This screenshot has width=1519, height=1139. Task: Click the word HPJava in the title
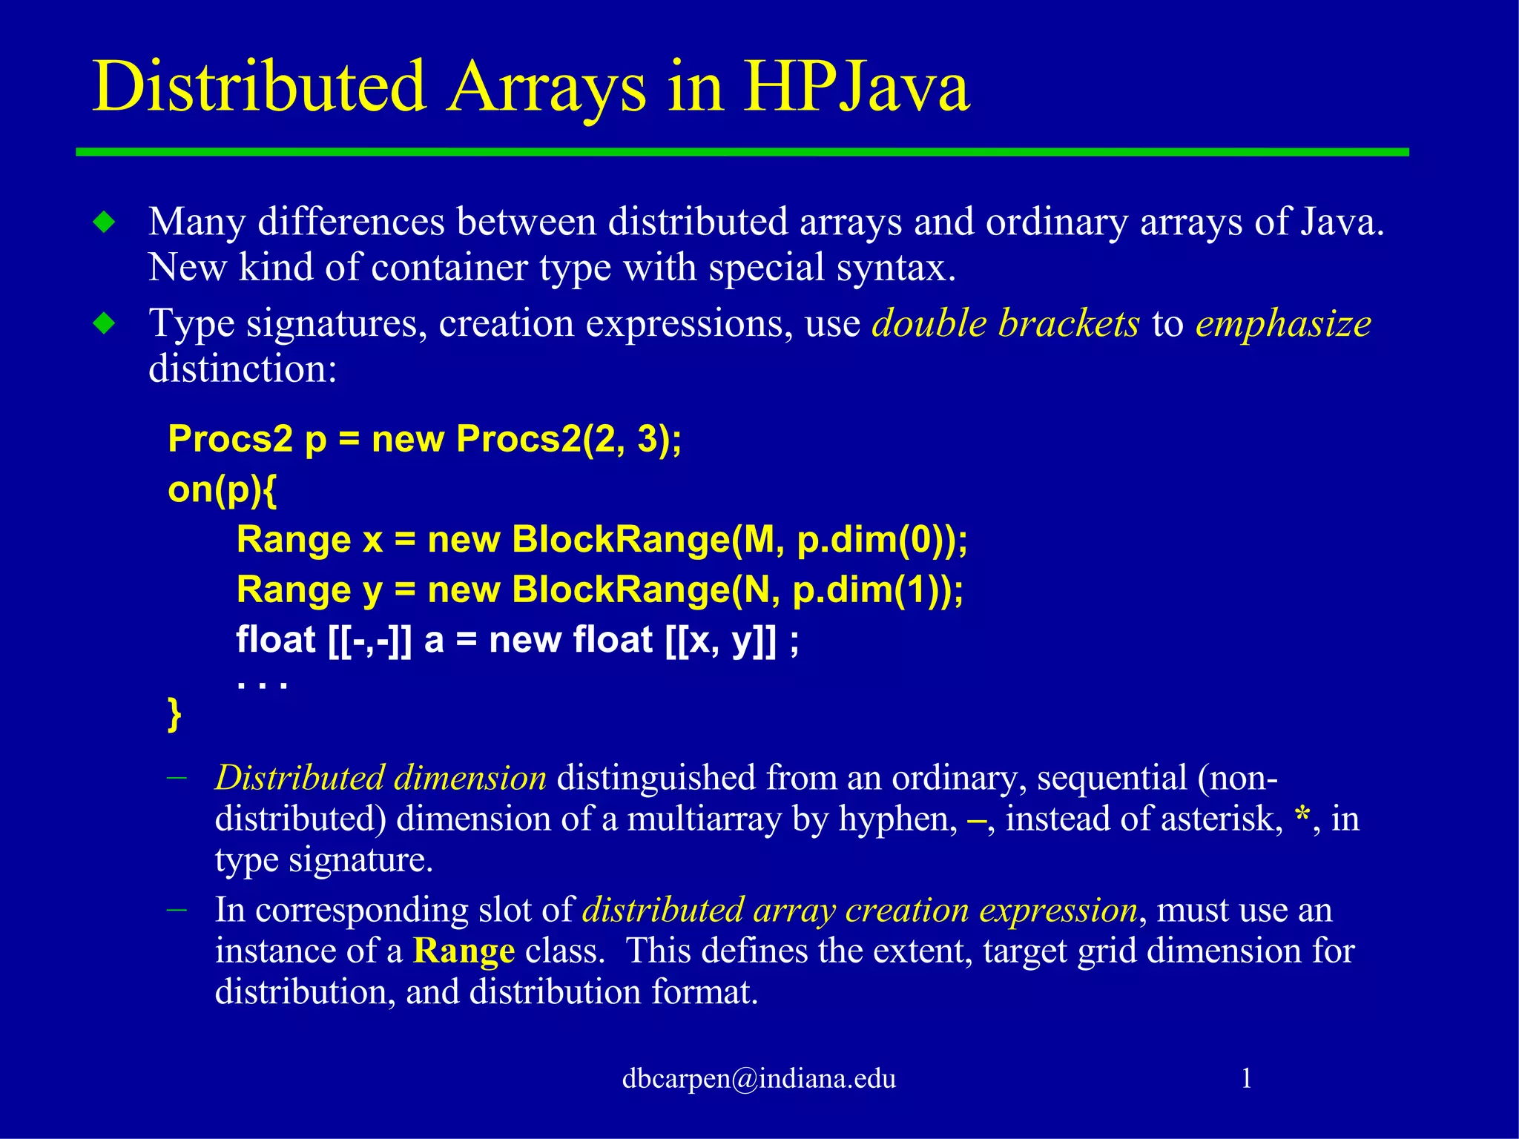[857, 88]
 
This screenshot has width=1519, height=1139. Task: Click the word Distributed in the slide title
[259, 88]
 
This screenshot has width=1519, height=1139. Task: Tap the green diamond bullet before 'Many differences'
[105, 222]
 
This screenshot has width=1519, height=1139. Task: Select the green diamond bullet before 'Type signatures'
[105, 323]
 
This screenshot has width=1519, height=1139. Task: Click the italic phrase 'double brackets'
[1005, 323]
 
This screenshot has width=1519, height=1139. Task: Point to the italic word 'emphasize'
[1283, 323]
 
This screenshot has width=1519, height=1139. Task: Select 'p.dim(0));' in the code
[882, 539]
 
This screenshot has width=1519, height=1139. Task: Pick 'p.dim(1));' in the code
[877, 590]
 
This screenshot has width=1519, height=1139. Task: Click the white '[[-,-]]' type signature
[369, 640]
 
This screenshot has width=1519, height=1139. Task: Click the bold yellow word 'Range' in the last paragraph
[464, 951]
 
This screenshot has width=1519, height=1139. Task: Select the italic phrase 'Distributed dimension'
[380, 778]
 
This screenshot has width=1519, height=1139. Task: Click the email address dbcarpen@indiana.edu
[759, 1078]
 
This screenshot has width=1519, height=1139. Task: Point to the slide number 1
[1247, 1078]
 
